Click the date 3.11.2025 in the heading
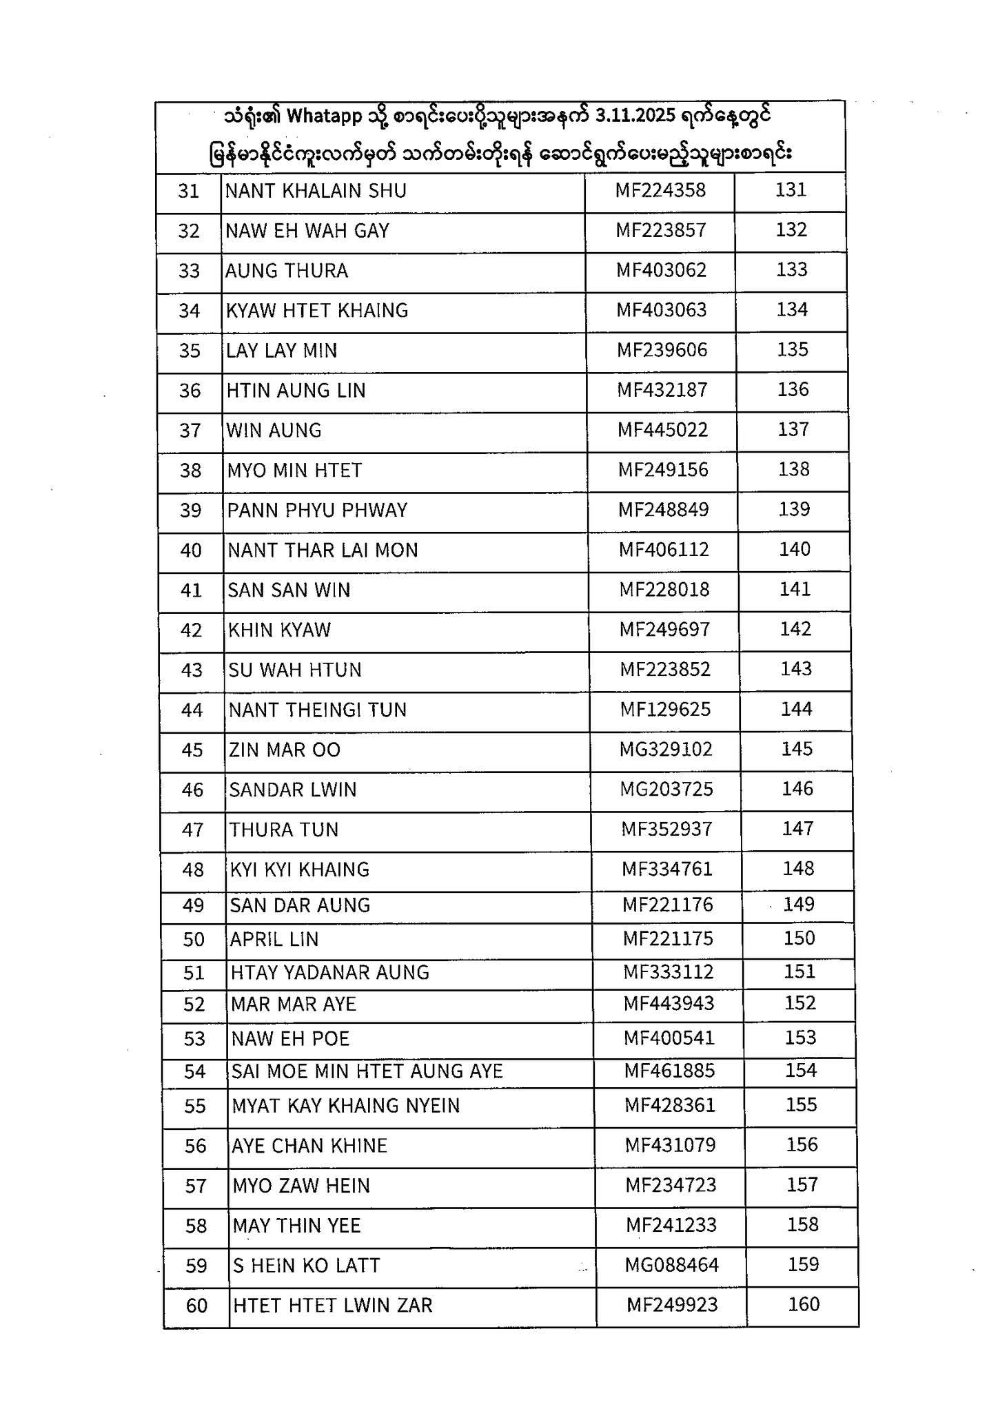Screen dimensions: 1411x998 (634, 116)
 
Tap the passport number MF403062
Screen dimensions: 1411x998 (662, 270)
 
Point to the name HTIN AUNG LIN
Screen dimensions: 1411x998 (296, 391)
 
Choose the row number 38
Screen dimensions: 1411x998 (190, 471)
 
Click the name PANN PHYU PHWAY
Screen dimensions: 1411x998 (318, 511)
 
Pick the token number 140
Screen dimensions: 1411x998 (795, 549)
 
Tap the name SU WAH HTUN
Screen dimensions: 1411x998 (295, 670)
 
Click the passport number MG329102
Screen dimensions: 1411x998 (666, 749)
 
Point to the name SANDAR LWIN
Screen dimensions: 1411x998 (293, 790)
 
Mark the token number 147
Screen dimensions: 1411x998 (797, 828)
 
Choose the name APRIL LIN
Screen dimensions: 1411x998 (274, 939)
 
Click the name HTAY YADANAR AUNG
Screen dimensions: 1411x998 (330, 972)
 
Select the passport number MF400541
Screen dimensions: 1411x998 (669, 1038)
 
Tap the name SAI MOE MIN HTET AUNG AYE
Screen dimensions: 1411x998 (367, 1071)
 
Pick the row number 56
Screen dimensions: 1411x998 (196, 1146)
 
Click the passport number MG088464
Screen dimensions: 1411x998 (672, 1265)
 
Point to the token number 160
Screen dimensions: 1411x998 (804, 1304)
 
